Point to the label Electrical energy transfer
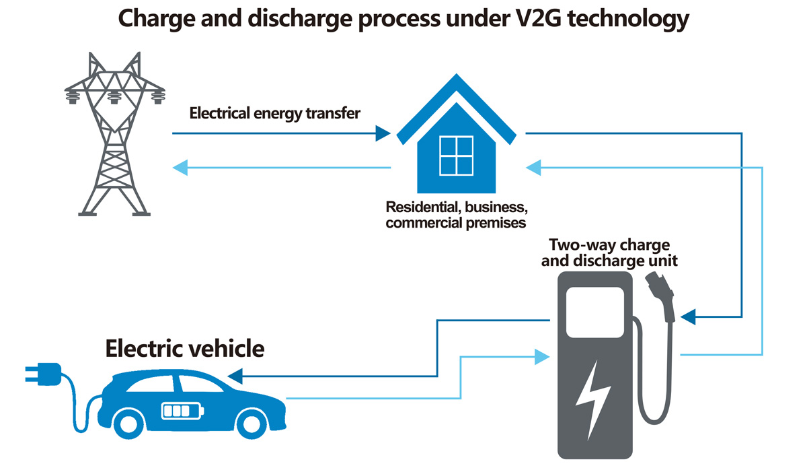click(275, 113)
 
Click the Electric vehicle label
click(185, 349)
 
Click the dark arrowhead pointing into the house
click(383, 133)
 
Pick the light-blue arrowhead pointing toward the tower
click(181, 167)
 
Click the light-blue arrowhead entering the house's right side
click(534, 167)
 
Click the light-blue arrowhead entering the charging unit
click(541, 356)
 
